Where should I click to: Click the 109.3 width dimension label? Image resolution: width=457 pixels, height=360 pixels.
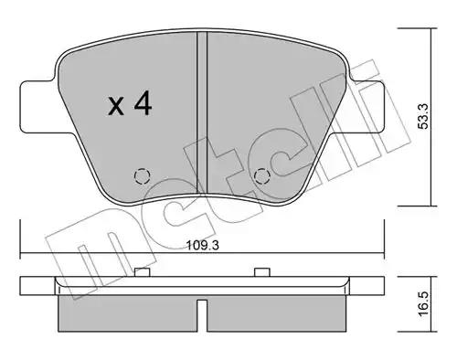point(203,245)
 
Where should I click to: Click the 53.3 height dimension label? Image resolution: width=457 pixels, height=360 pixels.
point(423,116)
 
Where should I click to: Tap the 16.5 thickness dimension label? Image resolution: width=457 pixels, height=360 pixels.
point(423,303)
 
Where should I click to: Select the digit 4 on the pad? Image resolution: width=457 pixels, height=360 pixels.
point(143,102)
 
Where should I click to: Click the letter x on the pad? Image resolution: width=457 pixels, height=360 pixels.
point(116,106)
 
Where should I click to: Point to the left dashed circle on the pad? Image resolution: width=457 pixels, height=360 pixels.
point(143,176)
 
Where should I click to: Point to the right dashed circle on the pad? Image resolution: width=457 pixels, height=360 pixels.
point(262,176)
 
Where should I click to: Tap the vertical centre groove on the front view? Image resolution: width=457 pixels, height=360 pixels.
point(202,112)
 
